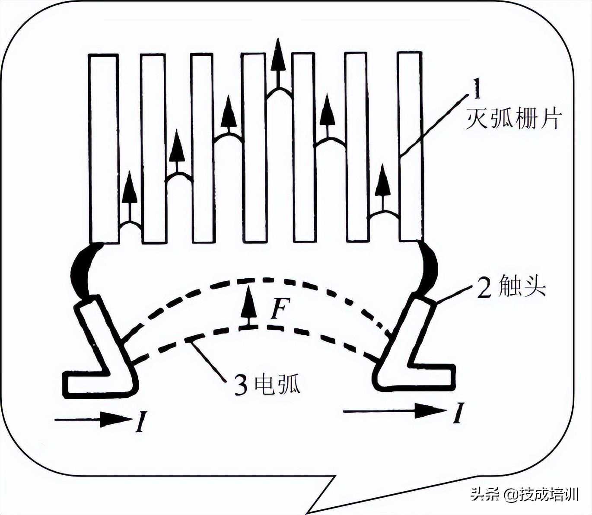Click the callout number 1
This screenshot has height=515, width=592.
point(477,90)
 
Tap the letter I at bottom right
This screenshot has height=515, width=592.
point(458,413)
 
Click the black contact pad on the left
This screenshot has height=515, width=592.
point(81,270)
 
